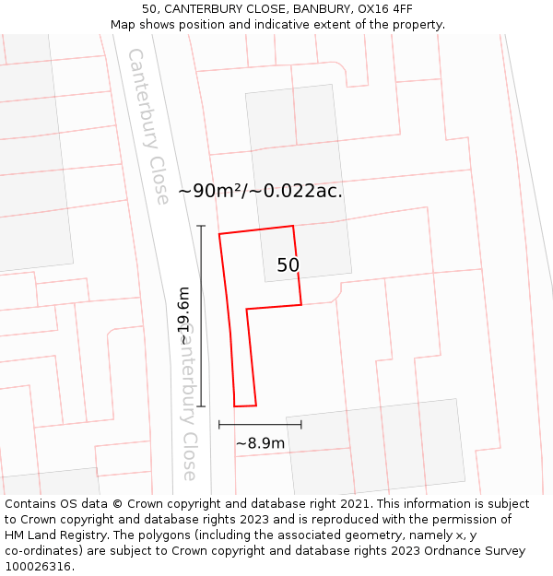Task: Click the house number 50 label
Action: (x=288, y=265)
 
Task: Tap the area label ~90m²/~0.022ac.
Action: (x=260, y=191)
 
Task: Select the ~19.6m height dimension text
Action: (x=183, y=316)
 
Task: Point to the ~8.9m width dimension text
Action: (x=260, y=443)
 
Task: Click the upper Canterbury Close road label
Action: (x=148, y=126)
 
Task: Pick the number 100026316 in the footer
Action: (x=39, y=566)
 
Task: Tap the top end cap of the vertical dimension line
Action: (x=201, y=225)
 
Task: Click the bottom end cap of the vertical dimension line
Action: (x=201, y=406)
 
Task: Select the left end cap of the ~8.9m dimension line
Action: (x=219, y=424)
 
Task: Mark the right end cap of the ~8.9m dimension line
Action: (x=301, y=424)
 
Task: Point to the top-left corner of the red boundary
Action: (x=219, y=235)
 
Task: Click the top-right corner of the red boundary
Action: (x=293, y=226)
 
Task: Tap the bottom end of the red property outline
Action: (x=245, y=406)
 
